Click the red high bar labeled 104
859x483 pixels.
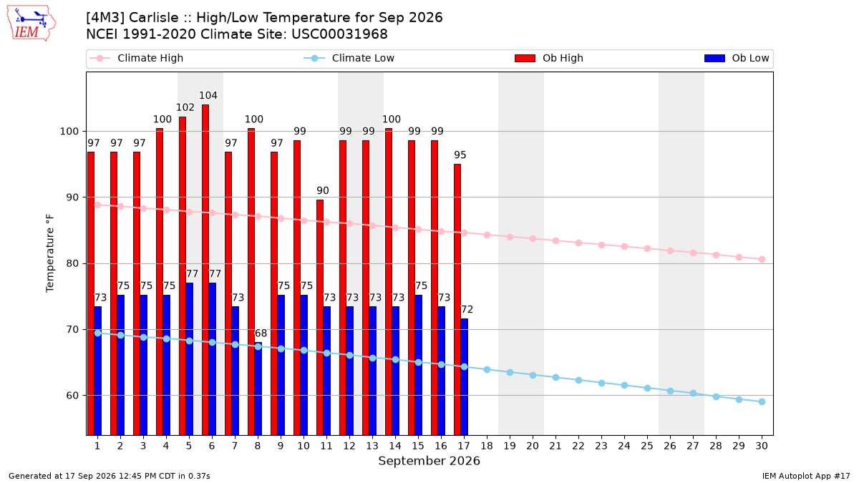[x=205, y=270]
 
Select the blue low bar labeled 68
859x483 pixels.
[x=258, y=389]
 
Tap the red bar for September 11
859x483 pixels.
[x=320, y=318]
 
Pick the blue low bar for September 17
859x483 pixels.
[x=464, y=377]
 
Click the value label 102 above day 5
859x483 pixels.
[x=185, y=107]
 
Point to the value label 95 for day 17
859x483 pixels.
[x=460, y=155]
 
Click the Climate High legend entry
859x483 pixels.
[x=137, y=58]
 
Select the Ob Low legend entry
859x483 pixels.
[x=737, y=58]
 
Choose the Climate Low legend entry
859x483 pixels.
[x=349, y=58]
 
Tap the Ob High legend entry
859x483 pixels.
[x=549, y=58]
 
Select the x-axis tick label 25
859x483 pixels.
[x=647, y=446]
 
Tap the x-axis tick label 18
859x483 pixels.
[x=487, y=446]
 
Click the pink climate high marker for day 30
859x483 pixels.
[x=762, y=260]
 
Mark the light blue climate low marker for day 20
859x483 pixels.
[x=533, y=375]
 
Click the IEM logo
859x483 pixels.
[x=31, y=24]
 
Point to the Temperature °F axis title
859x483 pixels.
[x=50, y=253]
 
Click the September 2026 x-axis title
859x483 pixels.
[x=429, y=461]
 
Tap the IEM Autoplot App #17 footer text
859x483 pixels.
[x=806, y=476]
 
